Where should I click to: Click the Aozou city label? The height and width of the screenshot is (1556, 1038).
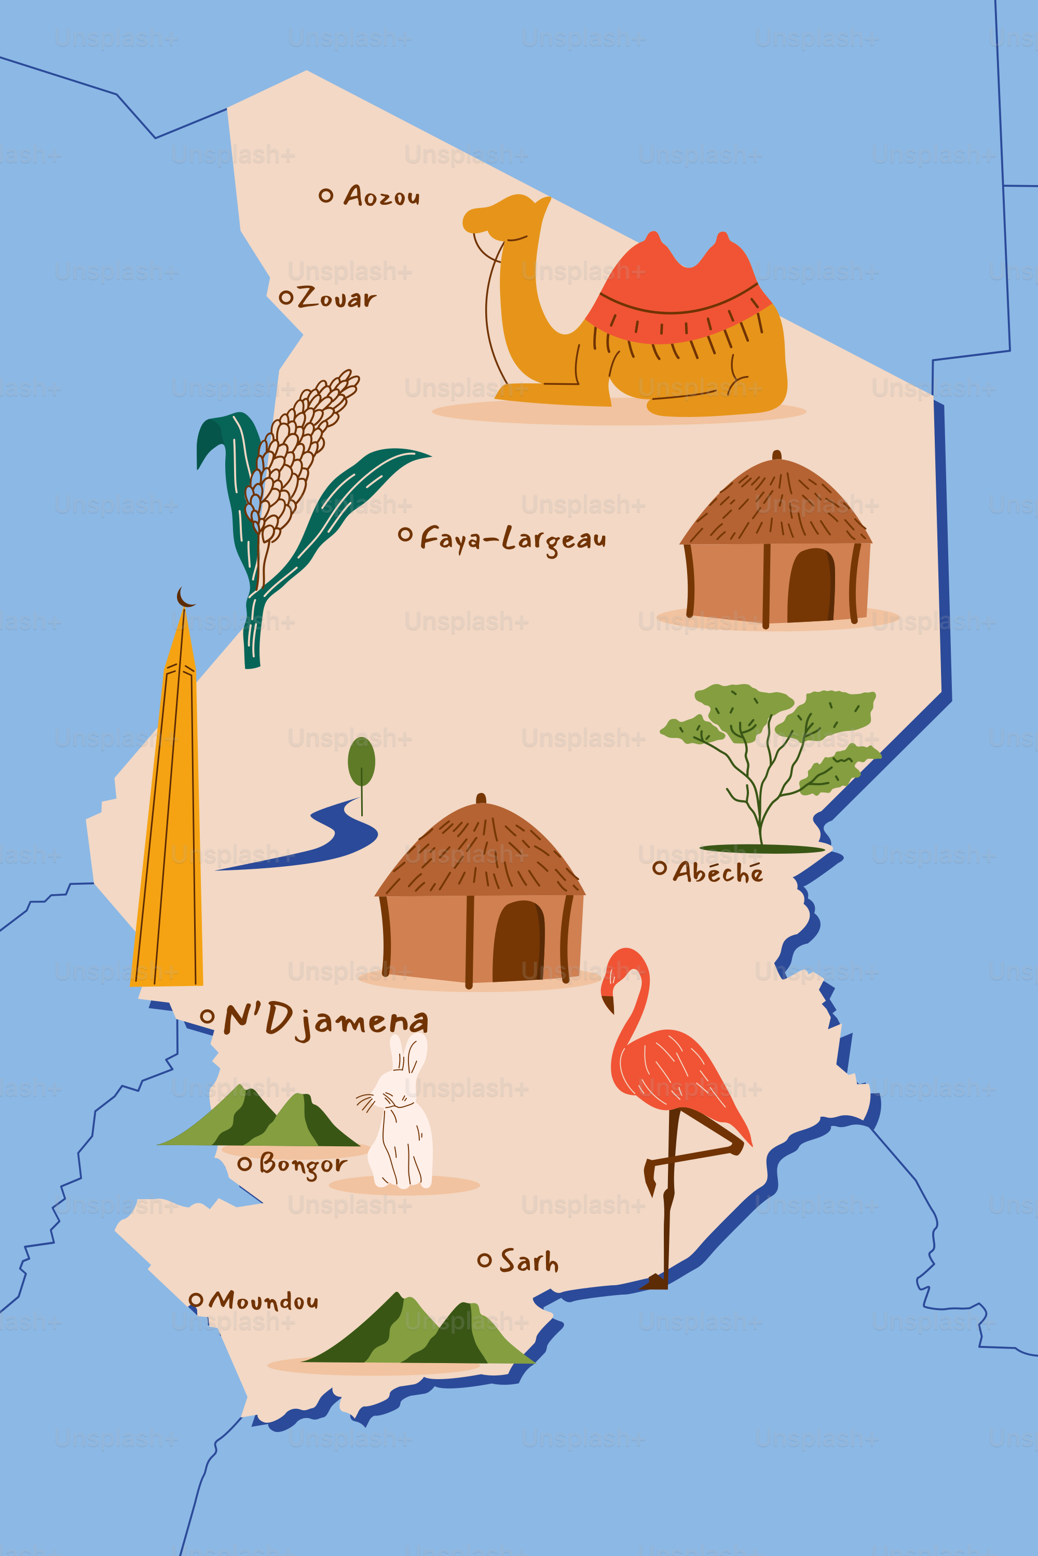point(381,197)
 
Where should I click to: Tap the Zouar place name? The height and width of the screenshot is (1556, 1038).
point(336,298)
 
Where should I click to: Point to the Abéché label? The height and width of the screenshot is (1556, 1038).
point(718,872)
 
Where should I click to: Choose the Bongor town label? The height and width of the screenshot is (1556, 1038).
point(303,1164)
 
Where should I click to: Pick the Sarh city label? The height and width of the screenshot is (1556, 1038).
point(528,1261)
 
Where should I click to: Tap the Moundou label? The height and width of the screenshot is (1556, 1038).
point(264,1301)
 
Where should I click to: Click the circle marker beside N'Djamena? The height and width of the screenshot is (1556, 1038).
point(207,1016)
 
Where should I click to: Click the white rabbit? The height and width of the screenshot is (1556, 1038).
point(401,1118)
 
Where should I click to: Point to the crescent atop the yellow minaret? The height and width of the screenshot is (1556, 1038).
point(185,598)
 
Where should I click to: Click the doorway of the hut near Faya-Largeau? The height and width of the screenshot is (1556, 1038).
point(810,586)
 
